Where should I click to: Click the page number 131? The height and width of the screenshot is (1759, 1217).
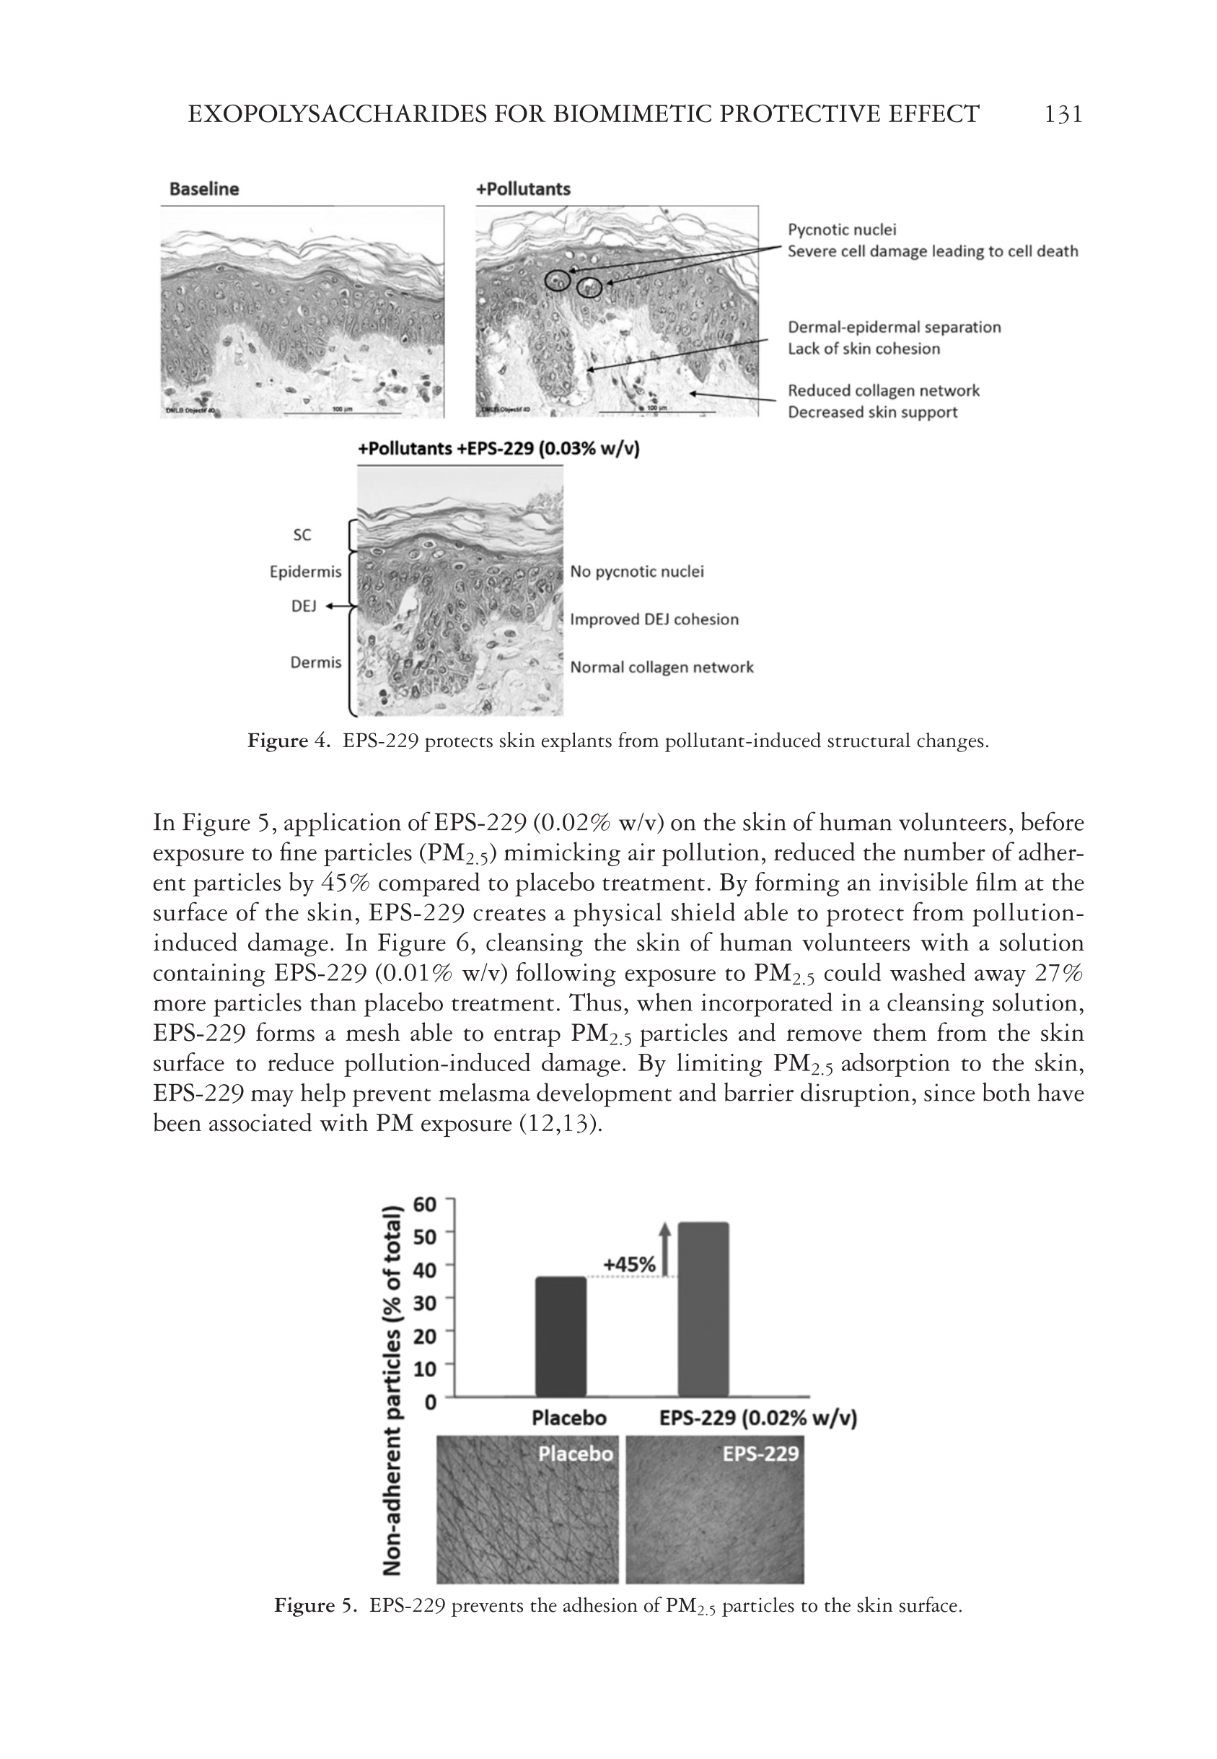(1062, 115)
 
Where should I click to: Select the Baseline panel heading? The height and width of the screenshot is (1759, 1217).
(203, 189)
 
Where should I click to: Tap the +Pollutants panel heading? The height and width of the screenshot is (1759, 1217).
(523, 189)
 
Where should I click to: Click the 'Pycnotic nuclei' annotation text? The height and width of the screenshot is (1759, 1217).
(842, 230)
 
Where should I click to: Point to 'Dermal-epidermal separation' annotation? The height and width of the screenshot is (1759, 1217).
(894, 327)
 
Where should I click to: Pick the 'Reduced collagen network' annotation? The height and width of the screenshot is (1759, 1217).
(883, 390)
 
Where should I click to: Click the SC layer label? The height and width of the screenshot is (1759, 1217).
(302, 535)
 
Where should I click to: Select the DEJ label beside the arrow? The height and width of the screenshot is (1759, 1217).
(303, 606)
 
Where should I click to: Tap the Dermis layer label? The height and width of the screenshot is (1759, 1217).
(316, 662)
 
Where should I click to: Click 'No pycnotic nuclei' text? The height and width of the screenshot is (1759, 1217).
(637, 572)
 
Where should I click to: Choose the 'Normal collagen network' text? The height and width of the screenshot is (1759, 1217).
(661, 668)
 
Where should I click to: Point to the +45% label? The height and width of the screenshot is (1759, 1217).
(629, 1265)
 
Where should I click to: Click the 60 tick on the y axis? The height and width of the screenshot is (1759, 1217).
(425, 1205)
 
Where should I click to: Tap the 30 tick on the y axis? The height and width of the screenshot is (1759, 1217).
(425, 1302)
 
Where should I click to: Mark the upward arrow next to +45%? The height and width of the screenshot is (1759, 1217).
(665, 1248)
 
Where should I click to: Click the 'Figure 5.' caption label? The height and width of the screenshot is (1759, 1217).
(315, 1606)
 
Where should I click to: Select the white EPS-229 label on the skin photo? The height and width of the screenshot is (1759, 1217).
(760, 1454)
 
